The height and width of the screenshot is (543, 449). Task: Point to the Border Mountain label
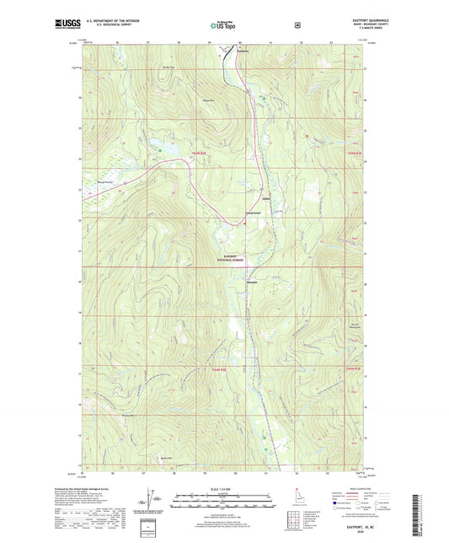tap(168, 64)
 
